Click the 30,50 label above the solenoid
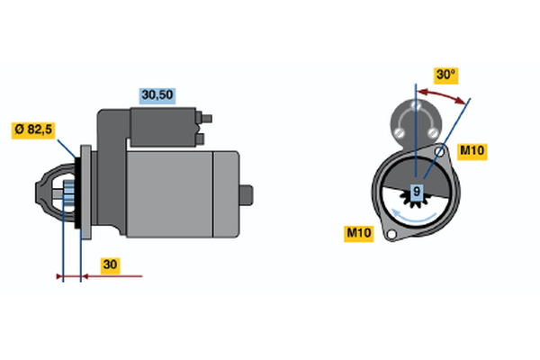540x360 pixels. [157, 95]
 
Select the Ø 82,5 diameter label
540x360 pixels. [33, 130]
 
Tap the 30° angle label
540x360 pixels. [445, 75]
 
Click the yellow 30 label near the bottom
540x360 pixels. [110, 265]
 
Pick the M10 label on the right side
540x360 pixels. [472, 151]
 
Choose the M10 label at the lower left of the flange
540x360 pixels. [359, 234]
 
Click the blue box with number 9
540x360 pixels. [417, 191]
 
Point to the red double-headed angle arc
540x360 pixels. [444, 94]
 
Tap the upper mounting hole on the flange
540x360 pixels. [439, 151]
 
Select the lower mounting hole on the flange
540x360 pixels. [391, 235]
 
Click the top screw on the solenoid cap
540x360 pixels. [416, 104]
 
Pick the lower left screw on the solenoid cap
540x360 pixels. [399, 132]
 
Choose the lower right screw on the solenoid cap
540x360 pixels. [433, 132]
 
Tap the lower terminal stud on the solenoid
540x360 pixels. [200, 139]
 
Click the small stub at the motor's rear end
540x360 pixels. [247, 195]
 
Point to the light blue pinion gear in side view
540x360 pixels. [69, 194]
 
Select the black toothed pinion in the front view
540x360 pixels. [416, 201]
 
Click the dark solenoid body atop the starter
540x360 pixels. [163, 127]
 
